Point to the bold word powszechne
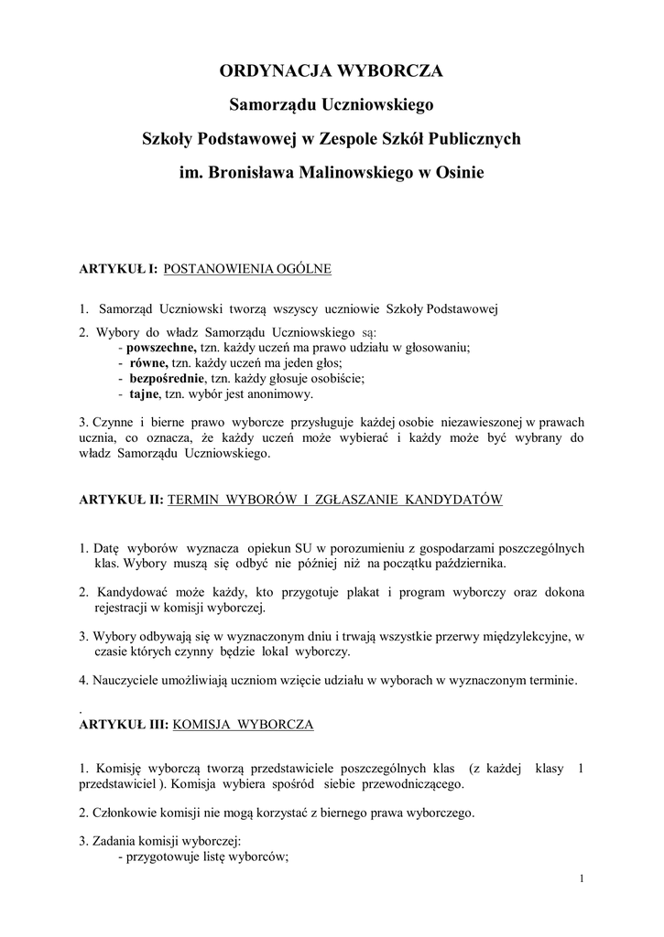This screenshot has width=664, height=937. (x=161, y=348)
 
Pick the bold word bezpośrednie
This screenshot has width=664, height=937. (x=168, y=379)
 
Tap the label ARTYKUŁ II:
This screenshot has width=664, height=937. (x=122, y=500)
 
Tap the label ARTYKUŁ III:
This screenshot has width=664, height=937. (x=124, y=724)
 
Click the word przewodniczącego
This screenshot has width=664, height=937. (x=411, y=784)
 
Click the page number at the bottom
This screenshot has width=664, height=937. (x=582, y=879)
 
